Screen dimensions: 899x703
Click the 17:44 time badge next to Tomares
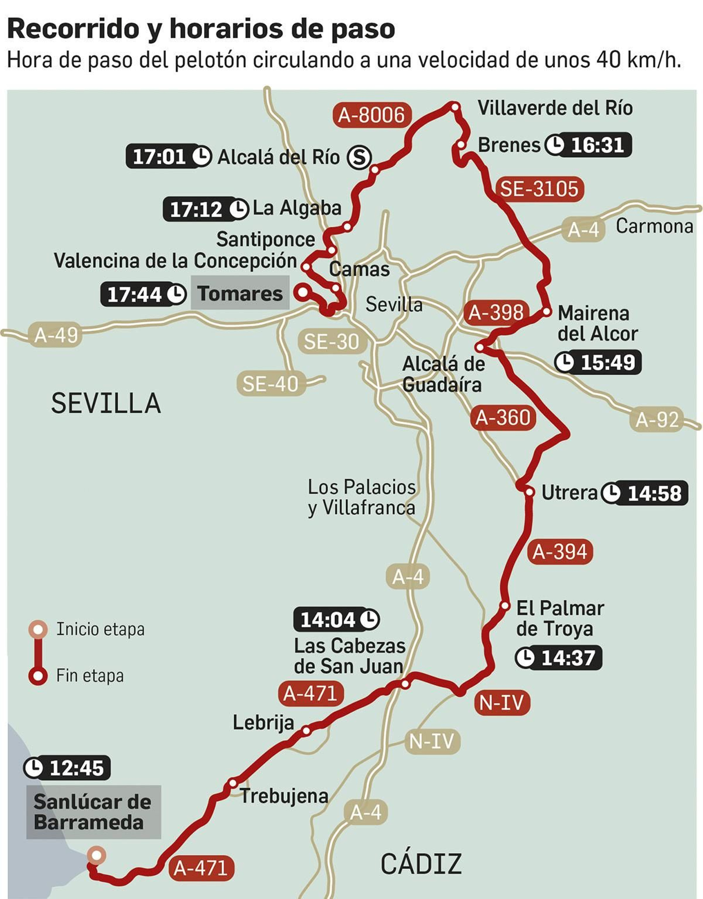coord(143,294)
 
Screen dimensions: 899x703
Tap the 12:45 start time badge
coord(67,768)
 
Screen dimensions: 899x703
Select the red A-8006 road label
coord(372,115)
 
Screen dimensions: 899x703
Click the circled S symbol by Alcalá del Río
coord(359,157)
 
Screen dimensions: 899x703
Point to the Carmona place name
coord(654,226)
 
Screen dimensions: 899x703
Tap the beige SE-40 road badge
coord(271,384)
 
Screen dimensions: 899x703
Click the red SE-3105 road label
coord(539,189)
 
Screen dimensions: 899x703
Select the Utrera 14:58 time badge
coord(644,493)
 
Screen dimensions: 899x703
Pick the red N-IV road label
coord(501,702)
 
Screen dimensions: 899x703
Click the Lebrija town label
coord(263,722)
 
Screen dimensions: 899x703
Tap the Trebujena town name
coord(284,796)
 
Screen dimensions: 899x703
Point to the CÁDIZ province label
coord(421,863)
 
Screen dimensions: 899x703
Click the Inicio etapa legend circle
coord(38,629)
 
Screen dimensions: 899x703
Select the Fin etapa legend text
coord(90,675)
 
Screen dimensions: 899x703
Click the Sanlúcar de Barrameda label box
coord(93,812)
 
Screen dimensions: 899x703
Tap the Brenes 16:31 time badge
coord(588,145)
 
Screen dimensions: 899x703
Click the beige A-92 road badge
coord(657,419)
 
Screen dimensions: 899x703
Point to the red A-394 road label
coord(560,551)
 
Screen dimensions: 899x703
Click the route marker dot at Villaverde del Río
coord(455,106)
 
